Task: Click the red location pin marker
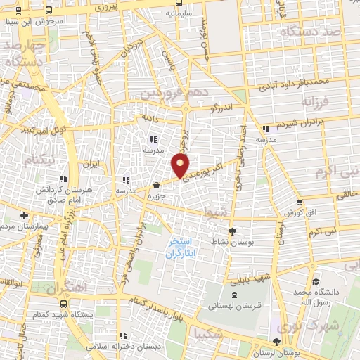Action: click(x=181, y=165)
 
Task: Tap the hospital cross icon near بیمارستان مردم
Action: click(x=25, y=215)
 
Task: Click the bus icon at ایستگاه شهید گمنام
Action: click(x=64, y=304)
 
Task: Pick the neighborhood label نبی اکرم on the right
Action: click(x=337, y=171)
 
